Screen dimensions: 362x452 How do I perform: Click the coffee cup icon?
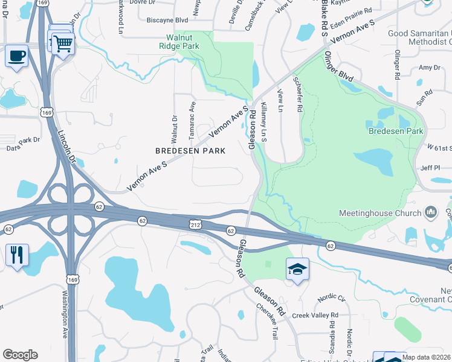[16, 56]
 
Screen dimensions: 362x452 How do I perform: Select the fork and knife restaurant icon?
[16, 254]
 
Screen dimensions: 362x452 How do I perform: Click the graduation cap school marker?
[297, 268]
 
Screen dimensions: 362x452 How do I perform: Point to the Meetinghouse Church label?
[379, 213]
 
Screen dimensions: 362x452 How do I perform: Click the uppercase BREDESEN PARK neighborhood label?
[190, 151]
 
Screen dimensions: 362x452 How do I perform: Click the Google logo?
[20, 355]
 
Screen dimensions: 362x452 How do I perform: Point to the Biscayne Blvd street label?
[168, 20]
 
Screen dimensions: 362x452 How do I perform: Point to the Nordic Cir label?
[333, 298]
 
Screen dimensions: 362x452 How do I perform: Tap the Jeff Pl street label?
[430, 170]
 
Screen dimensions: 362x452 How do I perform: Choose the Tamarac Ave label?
[193, 115]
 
